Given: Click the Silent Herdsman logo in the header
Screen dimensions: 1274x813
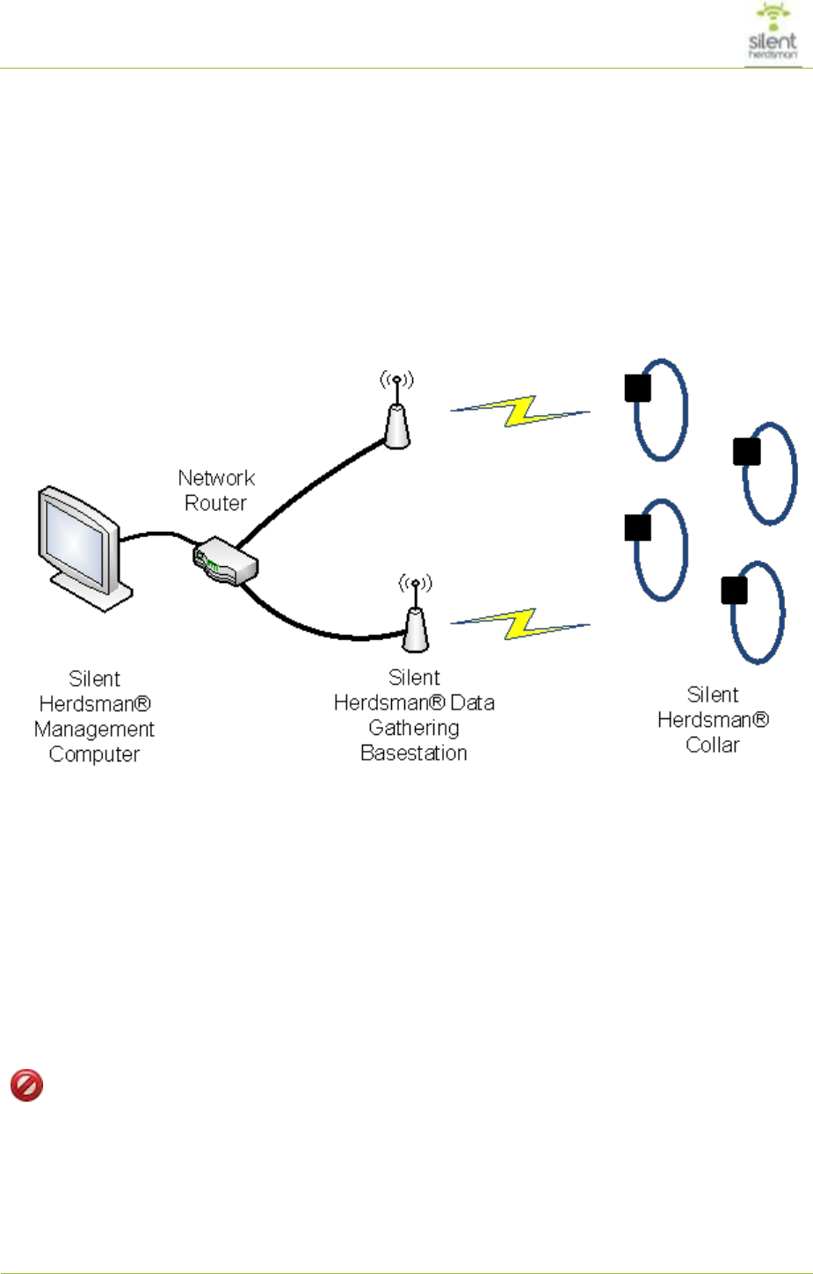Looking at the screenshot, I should [x=773, y=34].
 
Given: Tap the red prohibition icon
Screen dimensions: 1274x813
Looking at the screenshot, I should [x=26, y=1085].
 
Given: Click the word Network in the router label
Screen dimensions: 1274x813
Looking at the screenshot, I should [x=216, y=478].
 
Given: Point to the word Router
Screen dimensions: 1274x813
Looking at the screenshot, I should [x=215, y=504].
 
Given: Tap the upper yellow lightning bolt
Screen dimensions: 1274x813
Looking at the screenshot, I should [x=520, y=411].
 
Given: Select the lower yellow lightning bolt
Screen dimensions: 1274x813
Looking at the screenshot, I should [x=520, y=623].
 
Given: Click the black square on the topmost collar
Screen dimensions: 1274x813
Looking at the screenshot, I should [x=637, y=388].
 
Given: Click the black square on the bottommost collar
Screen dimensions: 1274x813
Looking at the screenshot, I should [x=734, y=591].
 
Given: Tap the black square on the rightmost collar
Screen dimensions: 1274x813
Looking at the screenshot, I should [x=746, y=452].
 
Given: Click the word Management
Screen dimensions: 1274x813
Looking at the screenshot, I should [x=94, y=730].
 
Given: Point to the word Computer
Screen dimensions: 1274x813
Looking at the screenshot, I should [x=94, y=754].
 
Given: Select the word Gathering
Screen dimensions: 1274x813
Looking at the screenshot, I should [x=414, y=728].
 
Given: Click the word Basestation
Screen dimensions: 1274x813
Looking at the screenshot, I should [x=414, y=753].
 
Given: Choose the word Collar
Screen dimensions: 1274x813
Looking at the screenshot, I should [x=713, y=746].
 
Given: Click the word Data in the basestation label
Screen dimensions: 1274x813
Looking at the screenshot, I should [x=473, y=703].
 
